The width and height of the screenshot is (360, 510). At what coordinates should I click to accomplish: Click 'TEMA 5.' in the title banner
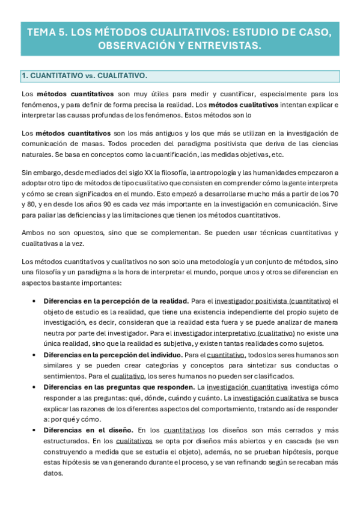(48, 32)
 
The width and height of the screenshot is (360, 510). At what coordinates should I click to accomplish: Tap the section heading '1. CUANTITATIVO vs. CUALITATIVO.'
(84, 76)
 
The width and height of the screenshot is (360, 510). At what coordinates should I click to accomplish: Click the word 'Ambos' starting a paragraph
(31, 232)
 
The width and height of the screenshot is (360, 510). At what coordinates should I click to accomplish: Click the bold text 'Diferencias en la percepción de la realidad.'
(116, 301)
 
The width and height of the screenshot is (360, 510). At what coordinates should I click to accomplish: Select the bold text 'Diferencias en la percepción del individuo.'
(113, 355)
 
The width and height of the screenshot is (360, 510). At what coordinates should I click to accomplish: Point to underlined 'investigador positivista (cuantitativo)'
(273, 301)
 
